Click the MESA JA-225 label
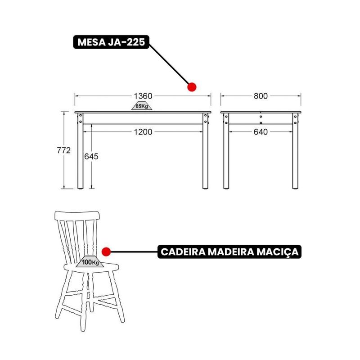click(x=111, y=42)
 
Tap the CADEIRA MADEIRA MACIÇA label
click(x=229, y=252)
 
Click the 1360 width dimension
click(x=143, y=96)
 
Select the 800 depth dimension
click(x=261, y=96)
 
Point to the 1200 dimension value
click(x=143, y=132)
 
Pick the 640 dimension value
click(x=261, y=132)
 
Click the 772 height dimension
click(x=63, y=150)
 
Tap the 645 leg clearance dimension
click(x=91, y=157)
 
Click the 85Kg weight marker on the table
click(x=142, y=106)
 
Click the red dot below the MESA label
click(x=192, y=87)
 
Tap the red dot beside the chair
click(x=106, y=252)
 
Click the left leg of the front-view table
click(x=81, y=151)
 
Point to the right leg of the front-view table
click(x=206, y=151)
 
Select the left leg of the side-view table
click(x=226, y=151)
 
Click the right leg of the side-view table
click(x=296, y=151)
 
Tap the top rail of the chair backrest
click(x=77, y=216)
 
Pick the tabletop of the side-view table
click(x=261, y=112)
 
